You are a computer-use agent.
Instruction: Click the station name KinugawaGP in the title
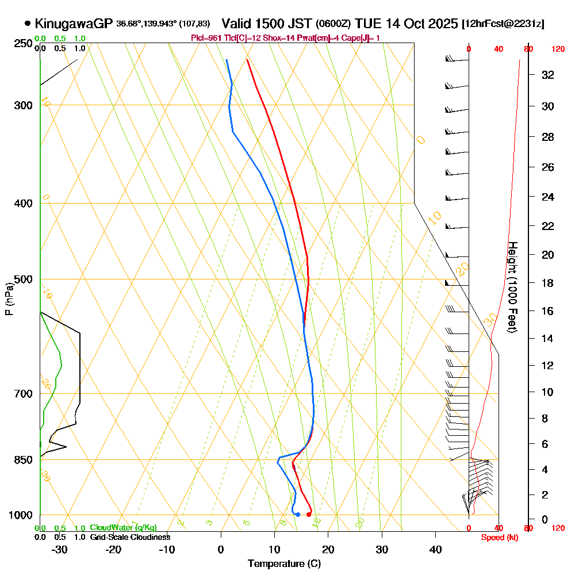(x=74, y=24)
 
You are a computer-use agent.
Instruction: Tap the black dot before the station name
(x=28, y=24)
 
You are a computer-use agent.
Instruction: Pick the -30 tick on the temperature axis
(x=60, y=549)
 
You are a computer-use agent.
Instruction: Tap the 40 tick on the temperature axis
(x=436, y=549)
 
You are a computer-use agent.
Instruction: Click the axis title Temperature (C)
(x=285, y=563)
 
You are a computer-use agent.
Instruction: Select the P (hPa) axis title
(x=9, y=299)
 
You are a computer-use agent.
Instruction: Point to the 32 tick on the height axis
(x=548, y=75)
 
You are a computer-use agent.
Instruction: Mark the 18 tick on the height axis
(x=548, y=283)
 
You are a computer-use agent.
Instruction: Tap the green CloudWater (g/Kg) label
(x=123, y=528)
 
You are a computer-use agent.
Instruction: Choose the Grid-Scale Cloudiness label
(x=129, y=537)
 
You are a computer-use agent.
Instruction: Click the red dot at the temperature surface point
(x=309, y=514)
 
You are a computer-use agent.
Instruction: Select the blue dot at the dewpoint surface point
(x=297, y=514)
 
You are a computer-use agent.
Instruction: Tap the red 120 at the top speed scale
(x=557, y=49)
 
